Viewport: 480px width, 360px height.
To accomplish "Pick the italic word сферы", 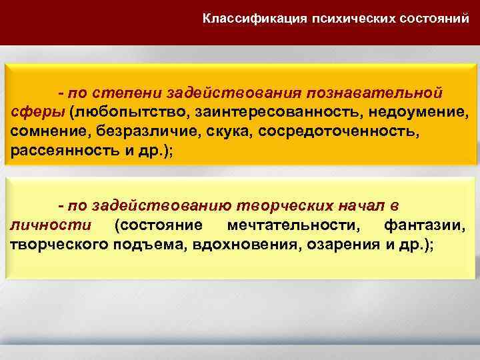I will pyautogui.click(x=36, y=109).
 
